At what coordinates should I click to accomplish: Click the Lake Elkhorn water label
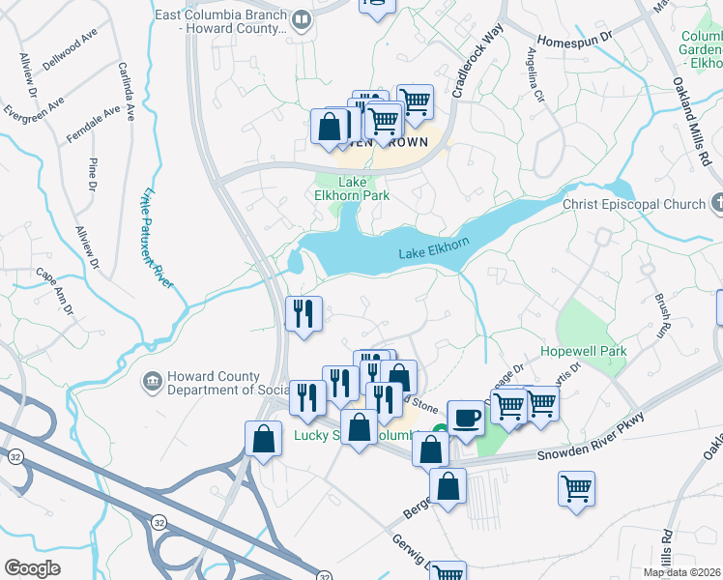pos(433,253)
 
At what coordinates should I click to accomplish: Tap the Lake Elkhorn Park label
pos(363,188)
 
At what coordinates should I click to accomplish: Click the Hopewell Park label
pos(583,351)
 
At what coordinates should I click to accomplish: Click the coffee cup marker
pos(465,419)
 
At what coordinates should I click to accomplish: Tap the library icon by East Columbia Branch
pos(302,20)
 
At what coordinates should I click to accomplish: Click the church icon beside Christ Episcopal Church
pos(716,204)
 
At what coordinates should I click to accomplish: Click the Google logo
pos(33,568)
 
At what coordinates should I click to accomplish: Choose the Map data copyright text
pos(681,570)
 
